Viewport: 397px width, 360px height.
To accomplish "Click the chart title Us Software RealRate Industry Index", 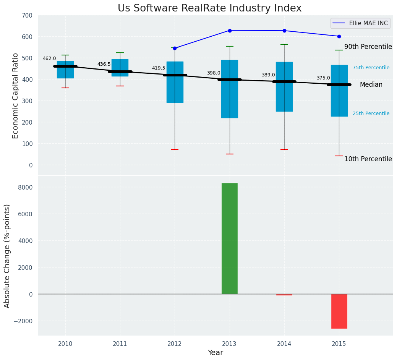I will click(209, 8).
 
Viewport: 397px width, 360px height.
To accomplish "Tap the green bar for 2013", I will click(230, 238).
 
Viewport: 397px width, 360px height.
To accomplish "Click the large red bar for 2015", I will click(339, 311).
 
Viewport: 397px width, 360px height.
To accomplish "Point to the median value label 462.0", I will click(49, 58).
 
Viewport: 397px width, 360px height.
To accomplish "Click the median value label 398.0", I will click(214, 73).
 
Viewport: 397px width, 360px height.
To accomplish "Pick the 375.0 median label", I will click(323, 78).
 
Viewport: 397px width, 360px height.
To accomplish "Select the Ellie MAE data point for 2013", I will click(230, 31).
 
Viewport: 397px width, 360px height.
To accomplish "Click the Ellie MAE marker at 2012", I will click(175, 48).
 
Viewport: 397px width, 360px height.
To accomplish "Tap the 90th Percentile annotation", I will click(368, 47).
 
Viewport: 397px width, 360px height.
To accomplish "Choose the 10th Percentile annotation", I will click(368, 159).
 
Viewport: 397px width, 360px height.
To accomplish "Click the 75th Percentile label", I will click(371, 68).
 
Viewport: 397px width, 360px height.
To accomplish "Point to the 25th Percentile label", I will click(371, 114).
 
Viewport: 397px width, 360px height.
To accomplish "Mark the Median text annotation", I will click(371, 85).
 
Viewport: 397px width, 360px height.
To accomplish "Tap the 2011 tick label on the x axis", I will click(120, 344).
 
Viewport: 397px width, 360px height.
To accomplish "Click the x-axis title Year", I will click(215, 353).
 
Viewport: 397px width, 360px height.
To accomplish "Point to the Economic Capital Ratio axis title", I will click(15, 96).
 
